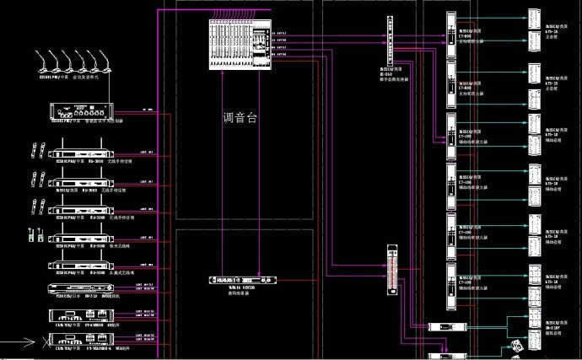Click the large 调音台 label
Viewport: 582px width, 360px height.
click(x=239, y=119)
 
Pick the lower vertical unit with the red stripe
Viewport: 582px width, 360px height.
click(x=390, y=270)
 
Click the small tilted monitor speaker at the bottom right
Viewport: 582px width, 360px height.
click(x=516, y=345)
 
